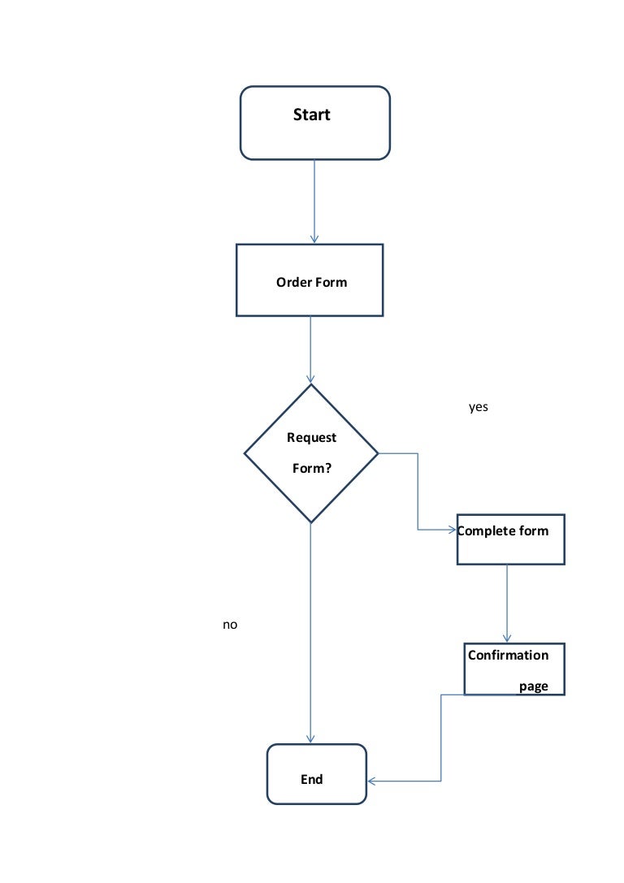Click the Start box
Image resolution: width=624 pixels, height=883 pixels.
(x=314, y=123)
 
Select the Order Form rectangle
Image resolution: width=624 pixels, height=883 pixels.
(x=309, y=279)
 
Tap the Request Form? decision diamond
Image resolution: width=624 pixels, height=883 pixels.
(x=311, y=453)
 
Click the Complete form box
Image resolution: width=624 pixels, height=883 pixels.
(x=510, y=539)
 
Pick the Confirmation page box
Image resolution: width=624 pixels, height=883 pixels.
(x=513, y=669)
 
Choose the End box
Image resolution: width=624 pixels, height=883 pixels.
(x=317, y=773)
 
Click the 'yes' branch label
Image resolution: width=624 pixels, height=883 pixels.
(x=479, y=407)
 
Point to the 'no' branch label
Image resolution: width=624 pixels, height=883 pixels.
(x=230, y=625)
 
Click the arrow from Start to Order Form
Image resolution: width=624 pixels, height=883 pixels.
(x=314, y=199)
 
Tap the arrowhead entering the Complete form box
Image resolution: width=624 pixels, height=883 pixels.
(x=452, y=530)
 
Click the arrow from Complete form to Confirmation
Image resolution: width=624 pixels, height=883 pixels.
(x=507, y=601)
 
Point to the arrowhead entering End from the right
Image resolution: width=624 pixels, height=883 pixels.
(x=373, y=781)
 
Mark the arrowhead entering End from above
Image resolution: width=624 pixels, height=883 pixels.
(x=310, y=738)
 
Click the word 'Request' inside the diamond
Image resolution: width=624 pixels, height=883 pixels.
(x=311, y=438)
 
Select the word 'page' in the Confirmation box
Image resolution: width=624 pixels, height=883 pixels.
(x=534, y=686)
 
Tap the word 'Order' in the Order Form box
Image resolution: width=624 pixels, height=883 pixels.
(x=290, y=283)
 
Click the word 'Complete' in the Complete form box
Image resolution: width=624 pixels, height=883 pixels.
(x=486, y=531)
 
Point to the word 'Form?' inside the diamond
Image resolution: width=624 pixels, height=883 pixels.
(x=311, y=469)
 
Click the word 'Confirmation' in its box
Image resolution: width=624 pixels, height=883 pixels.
(x=508, y=656)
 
